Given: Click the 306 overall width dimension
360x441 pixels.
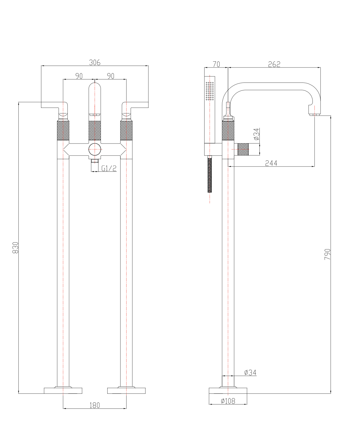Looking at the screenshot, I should [x=95, y=62].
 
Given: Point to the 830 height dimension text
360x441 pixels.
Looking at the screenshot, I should [x=16, y=247].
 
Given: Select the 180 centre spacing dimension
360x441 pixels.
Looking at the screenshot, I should [x=95, y=405].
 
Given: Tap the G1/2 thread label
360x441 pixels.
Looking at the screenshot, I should [x=109, y=168].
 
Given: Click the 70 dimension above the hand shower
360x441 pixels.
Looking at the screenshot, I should [x=216, y=64].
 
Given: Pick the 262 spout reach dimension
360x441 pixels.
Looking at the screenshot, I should [x=274, y=64].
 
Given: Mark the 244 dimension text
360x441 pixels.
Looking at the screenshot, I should [x=271, y=163].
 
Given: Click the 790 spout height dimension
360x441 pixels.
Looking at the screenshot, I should [x=327, y=255].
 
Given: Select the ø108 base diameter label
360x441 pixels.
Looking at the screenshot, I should [x=228, y=401].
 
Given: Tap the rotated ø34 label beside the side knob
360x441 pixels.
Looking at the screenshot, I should [x=256, y=134].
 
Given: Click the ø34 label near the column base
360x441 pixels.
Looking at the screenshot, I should [x=250, y=372].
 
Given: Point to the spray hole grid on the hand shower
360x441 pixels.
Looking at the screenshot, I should [x=210, y=91].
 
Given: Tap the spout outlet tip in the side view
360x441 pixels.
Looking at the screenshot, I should [x=315, y=114].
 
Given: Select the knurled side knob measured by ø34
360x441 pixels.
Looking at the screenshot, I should [x=243, y=149].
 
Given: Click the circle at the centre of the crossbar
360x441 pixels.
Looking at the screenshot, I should [x=95, y=150].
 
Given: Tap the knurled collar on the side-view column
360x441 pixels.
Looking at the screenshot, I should [x=228, y=130].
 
